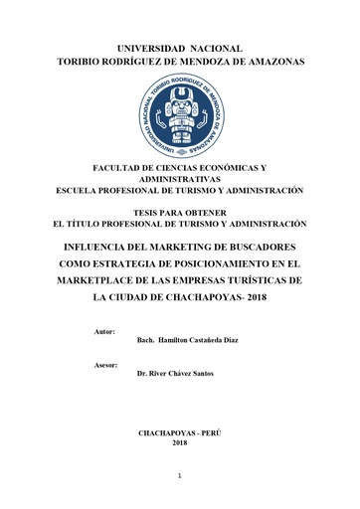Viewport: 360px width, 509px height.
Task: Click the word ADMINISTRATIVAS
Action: tap(180, 179)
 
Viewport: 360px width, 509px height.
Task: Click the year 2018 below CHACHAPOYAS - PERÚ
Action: tap(179, 443)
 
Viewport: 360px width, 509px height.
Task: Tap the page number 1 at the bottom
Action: tap(180, 477)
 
